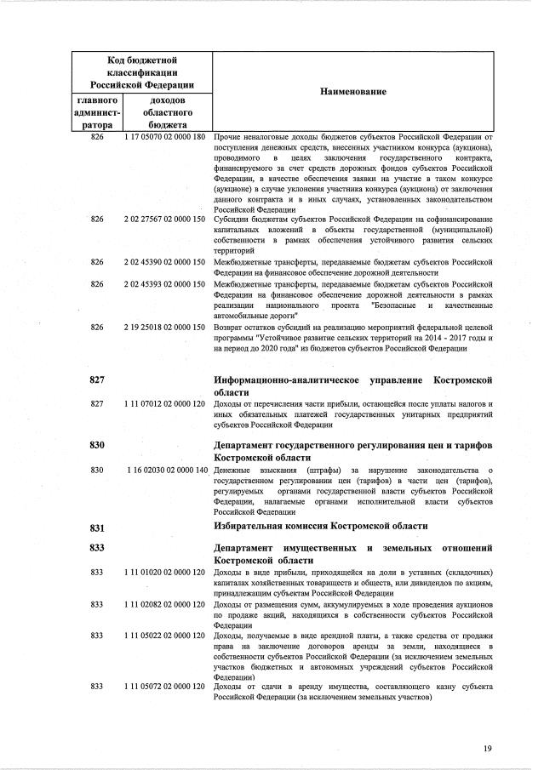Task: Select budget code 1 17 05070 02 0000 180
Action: tap(165, 137)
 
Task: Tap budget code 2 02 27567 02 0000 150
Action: tap(165, 219)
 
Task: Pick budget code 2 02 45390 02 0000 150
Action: tap(165, 262)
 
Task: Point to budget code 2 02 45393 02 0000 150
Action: tap(165, 284)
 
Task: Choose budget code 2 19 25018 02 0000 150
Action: tap(165, 328)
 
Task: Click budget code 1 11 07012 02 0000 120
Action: tap(165, 403)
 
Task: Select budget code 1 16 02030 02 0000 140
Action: tap(166, 470)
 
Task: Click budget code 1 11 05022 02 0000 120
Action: tap(165, 636)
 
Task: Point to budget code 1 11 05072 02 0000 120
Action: tap(165, 686)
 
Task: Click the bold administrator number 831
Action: tap(97, 528)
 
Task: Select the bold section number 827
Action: tap(97, 380)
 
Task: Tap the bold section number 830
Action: tap(97, 446)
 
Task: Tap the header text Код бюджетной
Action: tap(142, 60)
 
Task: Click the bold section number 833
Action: tap(97, 548)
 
